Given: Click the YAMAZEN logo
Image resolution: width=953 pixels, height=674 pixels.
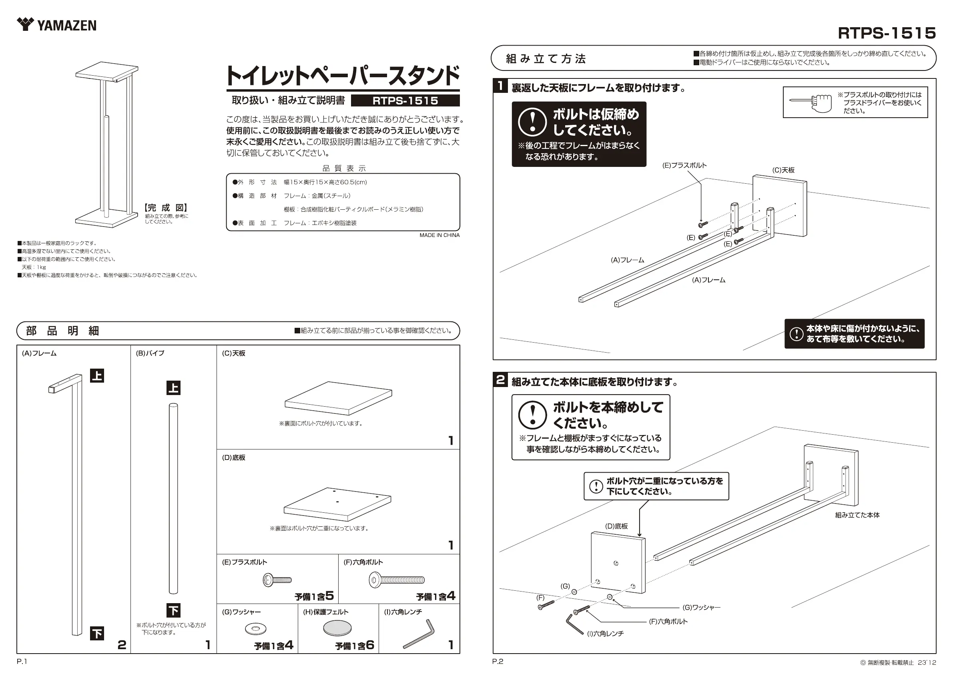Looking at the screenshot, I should (56, 25).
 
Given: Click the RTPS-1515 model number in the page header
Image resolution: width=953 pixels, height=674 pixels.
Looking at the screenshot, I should (887, 33).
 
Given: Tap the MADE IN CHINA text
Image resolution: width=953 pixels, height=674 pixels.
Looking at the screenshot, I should (439, 235).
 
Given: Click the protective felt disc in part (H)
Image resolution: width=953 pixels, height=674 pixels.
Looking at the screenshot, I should (337, 628).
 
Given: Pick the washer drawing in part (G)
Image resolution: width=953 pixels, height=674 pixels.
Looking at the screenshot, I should (256, 629).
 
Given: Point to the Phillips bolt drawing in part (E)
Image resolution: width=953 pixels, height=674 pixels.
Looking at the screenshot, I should (277, 580).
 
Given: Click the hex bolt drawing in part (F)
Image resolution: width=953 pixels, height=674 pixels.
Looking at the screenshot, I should (396, 580).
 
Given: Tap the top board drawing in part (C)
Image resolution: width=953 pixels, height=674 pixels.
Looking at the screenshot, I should (338, 397).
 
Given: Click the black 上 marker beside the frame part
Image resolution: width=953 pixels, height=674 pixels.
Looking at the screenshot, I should (97, 376).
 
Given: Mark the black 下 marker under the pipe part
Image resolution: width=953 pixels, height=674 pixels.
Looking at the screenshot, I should (173, 610).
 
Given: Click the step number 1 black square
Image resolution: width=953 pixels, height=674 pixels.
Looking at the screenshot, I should (501, 86).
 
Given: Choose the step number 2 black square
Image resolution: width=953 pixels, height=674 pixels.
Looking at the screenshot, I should (501, 380).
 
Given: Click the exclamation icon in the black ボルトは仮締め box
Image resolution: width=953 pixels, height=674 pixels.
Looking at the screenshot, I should (532, 122).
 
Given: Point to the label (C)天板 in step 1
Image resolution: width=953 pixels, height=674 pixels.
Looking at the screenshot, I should (783, 170).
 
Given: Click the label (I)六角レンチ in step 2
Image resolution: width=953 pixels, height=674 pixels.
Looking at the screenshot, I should (605, 634).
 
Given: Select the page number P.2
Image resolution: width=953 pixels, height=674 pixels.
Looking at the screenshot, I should (498, 662).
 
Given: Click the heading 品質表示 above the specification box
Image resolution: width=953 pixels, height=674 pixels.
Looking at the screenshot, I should (344, 168).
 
